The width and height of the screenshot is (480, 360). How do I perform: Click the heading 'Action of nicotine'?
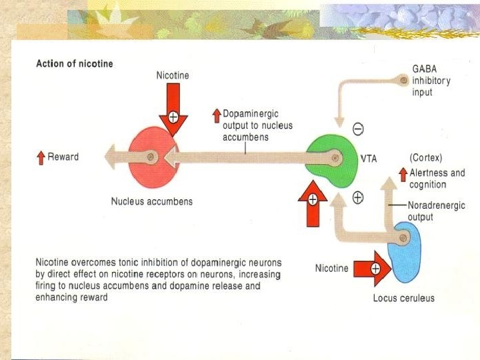point(74,64)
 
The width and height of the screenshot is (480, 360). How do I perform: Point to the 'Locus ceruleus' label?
point(403,298)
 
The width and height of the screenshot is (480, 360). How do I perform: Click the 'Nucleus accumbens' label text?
point(151,201)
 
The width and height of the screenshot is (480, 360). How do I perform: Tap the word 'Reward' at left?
point(63,157)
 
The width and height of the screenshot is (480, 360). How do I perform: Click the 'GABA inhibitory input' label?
point(431,81)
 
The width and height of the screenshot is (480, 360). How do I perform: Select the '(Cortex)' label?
point(426,158)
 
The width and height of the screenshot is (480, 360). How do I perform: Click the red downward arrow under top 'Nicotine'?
point(173,111)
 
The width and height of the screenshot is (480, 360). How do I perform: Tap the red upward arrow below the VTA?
point(312,204)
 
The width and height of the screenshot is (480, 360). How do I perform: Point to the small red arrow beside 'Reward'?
point(41,158)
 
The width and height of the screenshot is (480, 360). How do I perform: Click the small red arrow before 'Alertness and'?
point(403,174)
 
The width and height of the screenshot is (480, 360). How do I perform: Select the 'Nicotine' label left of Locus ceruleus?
point(331,269)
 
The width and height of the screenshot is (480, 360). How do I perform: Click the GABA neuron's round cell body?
point(404,81)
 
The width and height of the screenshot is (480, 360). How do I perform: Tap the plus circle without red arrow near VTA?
point(357,197)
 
